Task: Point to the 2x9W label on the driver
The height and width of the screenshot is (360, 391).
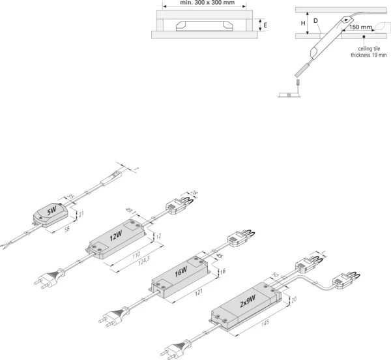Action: click(x=248, y=301)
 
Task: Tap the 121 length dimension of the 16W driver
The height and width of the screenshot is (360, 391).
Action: click(x=201, y=295)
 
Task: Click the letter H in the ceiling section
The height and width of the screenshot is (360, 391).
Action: click(x=303, y=23)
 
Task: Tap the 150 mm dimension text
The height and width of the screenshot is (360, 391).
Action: click(x=360, y=29)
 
